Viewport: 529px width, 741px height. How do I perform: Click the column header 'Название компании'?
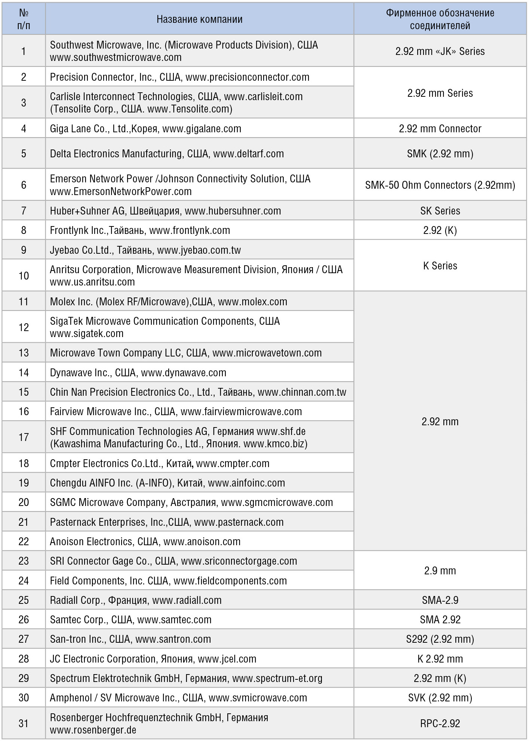pyautogui.click(x=199, y=19)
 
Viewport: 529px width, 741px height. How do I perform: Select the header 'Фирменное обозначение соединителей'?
pyautogui.click(x=440, y=19)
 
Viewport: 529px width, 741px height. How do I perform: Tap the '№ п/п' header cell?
pyautogui.click(x=24, y=19)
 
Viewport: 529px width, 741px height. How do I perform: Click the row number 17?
pyautogui.click(x=24, y=437)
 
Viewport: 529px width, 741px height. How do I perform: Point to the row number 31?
pyautogui.click(x=24, y=723)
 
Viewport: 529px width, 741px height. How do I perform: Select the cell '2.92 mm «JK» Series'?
pyautogui.click(x=440, y=51)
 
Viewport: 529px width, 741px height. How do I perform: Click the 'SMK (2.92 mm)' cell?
pyautogui.click(x=440, y=154)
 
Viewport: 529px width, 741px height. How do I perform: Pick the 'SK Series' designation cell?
pyautogui.click(x=440, y=211)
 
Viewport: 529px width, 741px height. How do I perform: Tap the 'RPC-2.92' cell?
pyautogui.click(x=440, y=723)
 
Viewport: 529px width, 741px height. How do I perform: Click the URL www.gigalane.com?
pyautogui.click(x=202, y=129)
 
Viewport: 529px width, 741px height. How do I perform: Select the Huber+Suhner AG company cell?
pyautogui.click(x=165, y=211)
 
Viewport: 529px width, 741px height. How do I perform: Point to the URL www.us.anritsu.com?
pyautogui.click(x=92, y=282)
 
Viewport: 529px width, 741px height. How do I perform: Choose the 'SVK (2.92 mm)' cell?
pyautogui.click(x=440, y=698)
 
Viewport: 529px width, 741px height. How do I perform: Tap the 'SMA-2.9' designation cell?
pyautogui.click(x=440, y=600)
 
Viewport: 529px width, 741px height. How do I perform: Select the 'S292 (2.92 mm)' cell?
pyautogui.click(x=440, y=639)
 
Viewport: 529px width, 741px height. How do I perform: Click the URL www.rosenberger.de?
pyautogui.click(x=93, y=730)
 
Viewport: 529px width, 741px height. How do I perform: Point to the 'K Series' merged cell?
pyautogui.click(x=440, y=266)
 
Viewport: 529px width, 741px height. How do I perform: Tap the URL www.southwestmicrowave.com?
pyautogui.click(x=116, y=57)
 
